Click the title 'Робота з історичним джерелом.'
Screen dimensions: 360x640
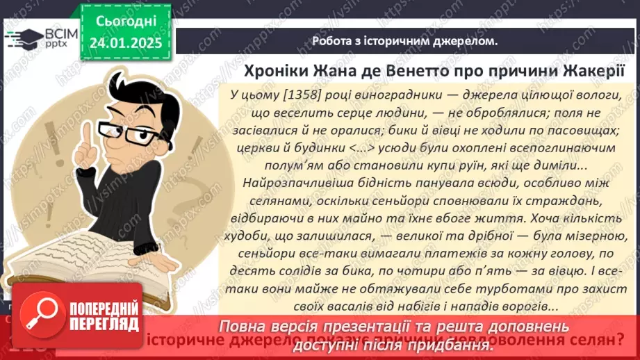point(404,41)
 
